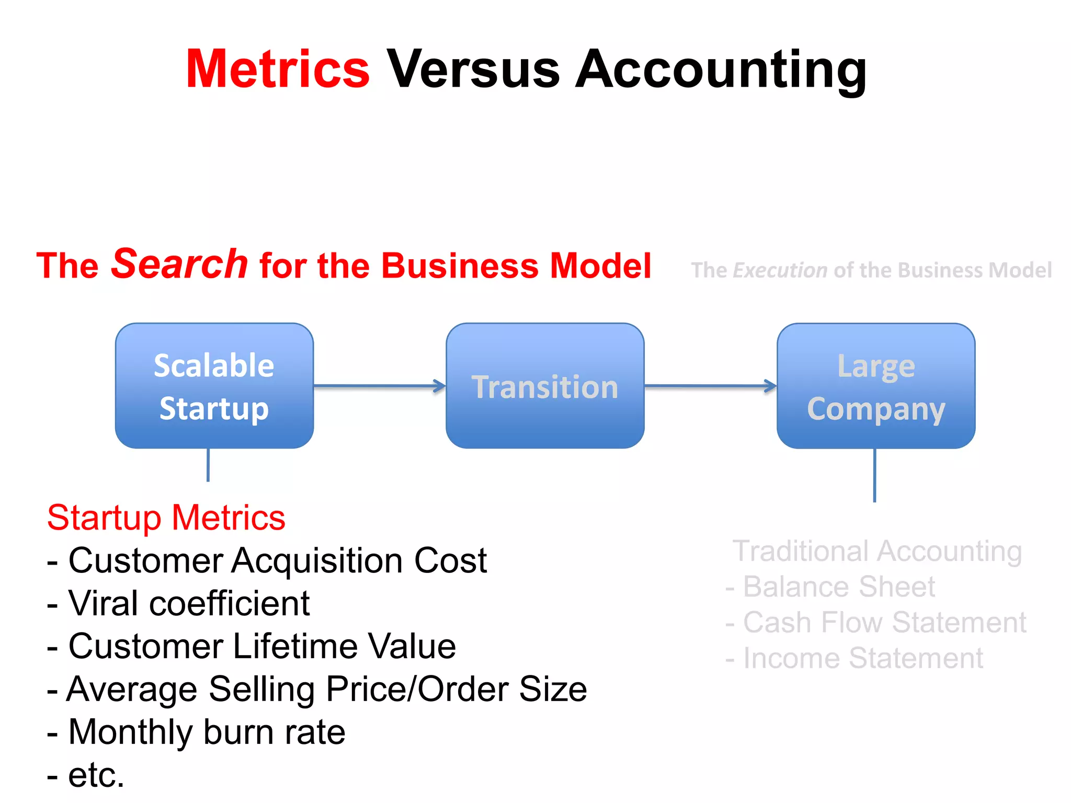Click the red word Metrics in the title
[278, 70]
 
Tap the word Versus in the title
[473, 70]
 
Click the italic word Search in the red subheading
[179, 264]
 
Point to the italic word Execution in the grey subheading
[780, 270]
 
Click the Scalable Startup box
[214, 386]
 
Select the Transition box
[545, 386]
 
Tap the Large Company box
[876, 386]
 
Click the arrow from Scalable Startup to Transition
[379, 386]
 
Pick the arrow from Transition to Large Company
[710, 386]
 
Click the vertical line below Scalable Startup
[208, 465]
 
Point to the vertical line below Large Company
[874, 475]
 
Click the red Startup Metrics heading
[166, 518]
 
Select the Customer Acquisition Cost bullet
[267, 560]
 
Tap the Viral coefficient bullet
[178, 603]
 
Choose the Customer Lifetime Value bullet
[251, 646]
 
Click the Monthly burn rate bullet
[196, 732]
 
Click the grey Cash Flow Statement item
[876, 622]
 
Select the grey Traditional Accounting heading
[877, 551]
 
